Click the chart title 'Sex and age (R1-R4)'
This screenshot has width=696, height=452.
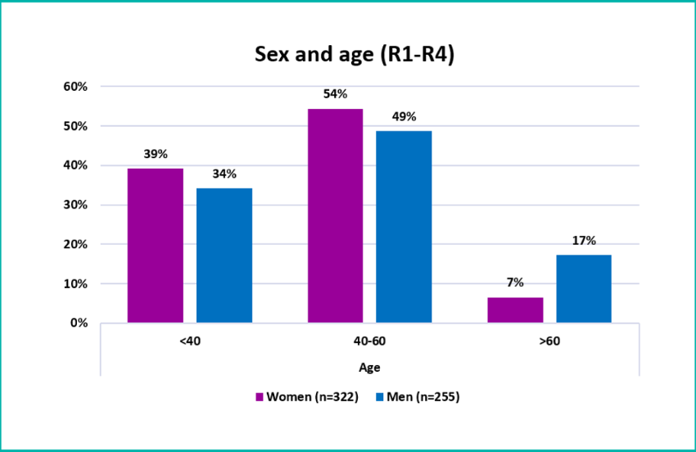355,55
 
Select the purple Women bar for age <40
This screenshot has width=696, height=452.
156,246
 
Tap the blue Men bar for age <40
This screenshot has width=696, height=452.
224,255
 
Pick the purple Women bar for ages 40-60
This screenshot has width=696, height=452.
335,216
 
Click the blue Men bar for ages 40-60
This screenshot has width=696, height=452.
404,227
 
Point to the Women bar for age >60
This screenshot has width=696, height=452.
515,310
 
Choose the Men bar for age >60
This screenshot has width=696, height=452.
584,288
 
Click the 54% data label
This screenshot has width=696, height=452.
335,94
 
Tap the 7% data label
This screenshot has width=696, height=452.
515,282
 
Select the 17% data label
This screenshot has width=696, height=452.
584,241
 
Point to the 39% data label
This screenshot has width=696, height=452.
156,154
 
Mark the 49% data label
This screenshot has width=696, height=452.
404,117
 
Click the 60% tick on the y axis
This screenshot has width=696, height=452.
75,87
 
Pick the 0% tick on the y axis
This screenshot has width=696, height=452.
79,323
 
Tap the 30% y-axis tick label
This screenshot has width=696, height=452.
75,206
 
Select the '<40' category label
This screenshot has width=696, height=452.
190,341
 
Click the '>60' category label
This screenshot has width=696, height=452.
549,341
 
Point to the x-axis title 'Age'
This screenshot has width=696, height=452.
369,368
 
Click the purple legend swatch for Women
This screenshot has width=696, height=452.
260,397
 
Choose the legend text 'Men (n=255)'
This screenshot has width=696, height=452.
423,397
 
